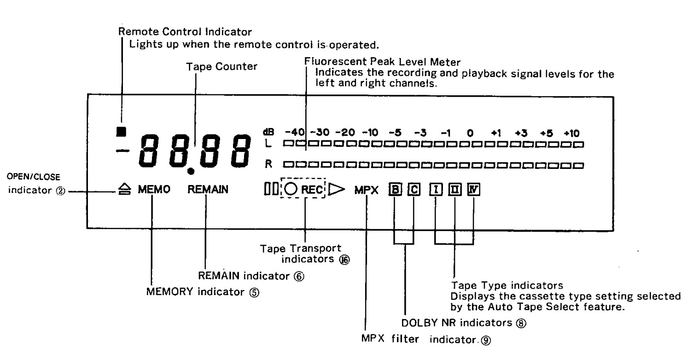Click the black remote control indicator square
coord(121,131)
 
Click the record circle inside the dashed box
coord(291,189)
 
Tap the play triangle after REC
coord(338,189)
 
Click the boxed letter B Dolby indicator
coord(394,189)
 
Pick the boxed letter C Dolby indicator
coord(414,189)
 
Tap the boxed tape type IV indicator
coord(473,189)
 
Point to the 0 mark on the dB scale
coord(470,134)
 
